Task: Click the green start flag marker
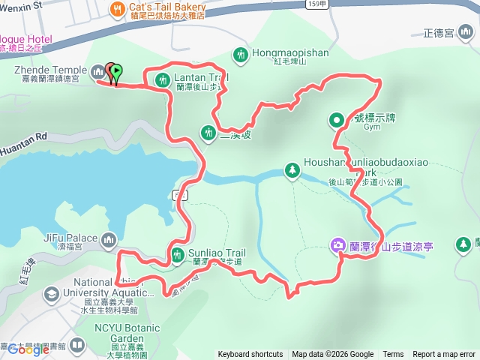(116, 73)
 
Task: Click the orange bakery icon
(117, 8)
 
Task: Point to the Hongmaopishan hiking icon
(240, 54)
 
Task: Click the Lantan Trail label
(201, 77)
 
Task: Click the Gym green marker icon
(337, 119)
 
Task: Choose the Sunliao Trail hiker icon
(177, 255)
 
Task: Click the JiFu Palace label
(70, 238)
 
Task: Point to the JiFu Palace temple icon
(109, 240)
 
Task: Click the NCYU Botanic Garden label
(127, 333)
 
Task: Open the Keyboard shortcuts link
(250, 355)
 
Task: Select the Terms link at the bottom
(393, 355)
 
